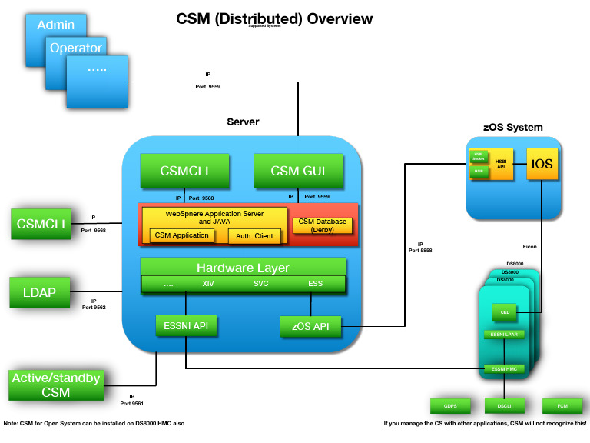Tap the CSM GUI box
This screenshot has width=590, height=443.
point(299,171)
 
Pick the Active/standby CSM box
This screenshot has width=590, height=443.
point(57,385)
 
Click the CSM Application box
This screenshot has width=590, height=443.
point(182,235)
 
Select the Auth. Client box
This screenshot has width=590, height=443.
point(254,236)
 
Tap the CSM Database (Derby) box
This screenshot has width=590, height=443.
point(323,225)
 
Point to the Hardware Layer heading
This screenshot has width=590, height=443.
point(243,268)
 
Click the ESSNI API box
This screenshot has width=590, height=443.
point(186,326)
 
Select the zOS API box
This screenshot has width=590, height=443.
point(310,327)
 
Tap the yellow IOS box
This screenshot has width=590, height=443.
point(542,164)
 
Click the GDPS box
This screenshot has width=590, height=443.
point(449,405)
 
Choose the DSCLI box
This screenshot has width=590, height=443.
point(504,405)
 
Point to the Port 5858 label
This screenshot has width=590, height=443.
point(419,251)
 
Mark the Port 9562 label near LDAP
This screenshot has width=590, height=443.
point(93,308)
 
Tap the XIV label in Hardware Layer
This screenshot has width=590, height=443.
point(208,284)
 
